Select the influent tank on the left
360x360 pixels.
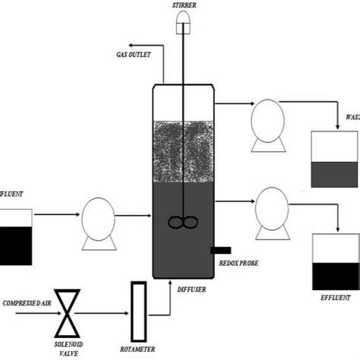click(15, 236)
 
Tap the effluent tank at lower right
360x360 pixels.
click(336, 262)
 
